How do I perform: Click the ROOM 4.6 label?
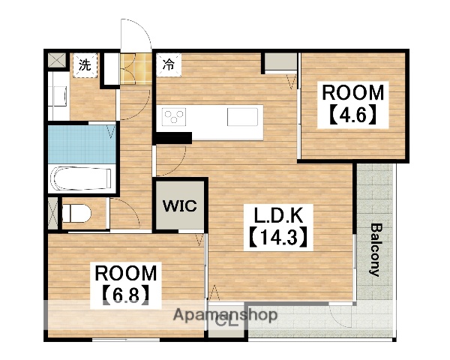pos(352,104)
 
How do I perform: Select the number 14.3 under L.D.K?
pos(278,237)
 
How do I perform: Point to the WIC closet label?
pos(180,205)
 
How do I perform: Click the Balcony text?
pos(376,250)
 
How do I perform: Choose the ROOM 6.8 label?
pos(126,284)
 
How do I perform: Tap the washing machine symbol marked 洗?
pos(85,65)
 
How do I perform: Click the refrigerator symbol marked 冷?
pos(169,65)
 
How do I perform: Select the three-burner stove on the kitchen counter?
pos(174,117)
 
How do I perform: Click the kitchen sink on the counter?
pos(242,117)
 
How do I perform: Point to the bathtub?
pos(82,178)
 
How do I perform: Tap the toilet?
pos(76,213)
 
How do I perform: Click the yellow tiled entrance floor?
pos(136,68)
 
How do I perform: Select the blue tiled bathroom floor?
pos(82,144)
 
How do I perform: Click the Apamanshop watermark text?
pos(225,315)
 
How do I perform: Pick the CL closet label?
pos(226,321)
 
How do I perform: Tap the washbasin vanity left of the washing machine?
pos(58,95)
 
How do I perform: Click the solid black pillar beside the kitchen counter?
pos(172,138)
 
